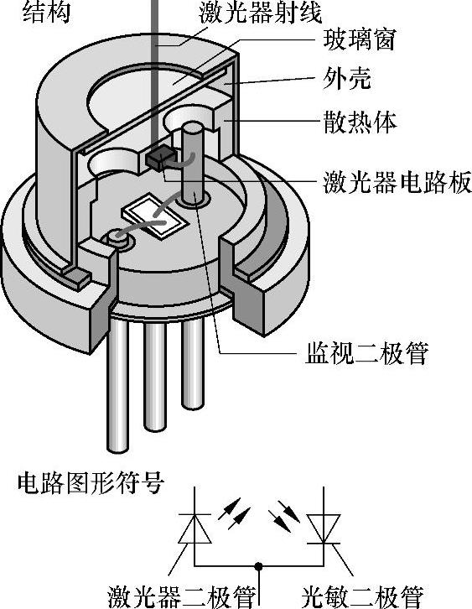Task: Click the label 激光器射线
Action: (261, 13)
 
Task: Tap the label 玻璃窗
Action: (359, 39)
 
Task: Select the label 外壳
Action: (347, 79)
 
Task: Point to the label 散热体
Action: (360, 122)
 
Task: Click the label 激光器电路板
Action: (397, 183)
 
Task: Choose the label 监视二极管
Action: (367, 353)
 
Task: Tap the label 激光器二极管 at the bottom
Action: (182, 597)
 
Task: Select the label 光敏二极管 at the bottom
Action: (363, 597)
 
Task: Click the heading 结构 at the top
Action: (47, 12)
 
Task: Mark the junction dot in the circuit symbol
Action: (258, 565)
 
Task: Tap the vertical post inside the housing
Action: (193, 163)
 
